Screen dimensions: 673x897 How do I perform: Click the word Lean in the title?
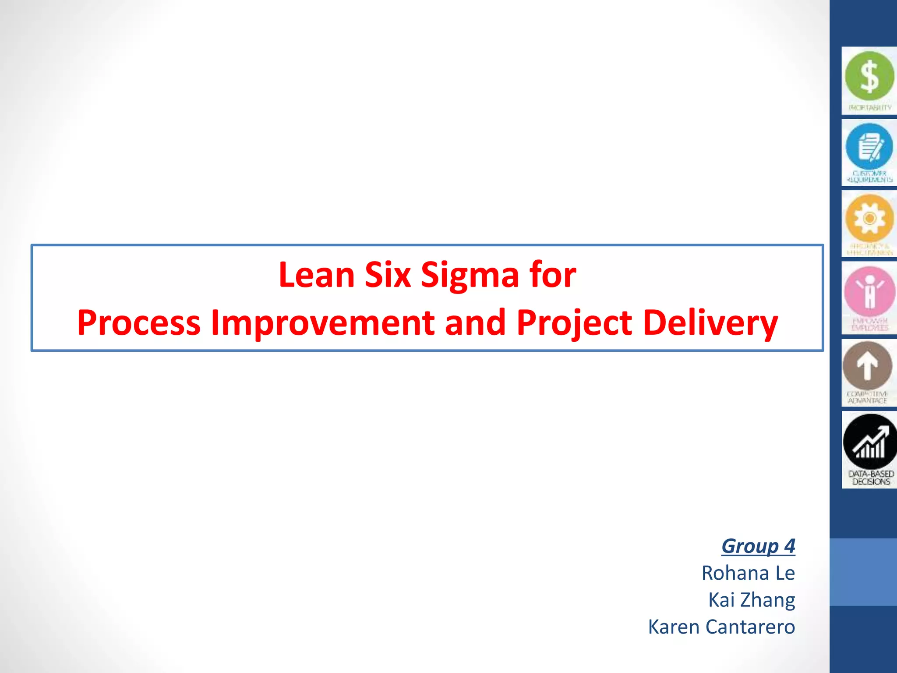(316, 275)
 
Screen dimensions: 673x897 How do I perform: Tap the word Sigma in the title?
(470, 275)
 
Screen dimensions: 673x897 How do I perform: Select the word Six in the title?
(387, 275)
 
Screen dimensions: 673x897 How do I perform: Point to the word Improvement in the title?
(322, 323)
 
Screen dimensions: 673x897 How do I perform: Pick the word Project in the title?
(574, 323)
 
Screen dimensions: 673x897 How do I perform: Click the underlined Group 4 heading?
(758, 546)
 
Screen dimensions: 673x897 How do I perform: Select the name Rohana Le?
(748, 573)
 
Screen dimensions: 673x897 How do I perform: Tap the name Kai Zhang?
(751, 600)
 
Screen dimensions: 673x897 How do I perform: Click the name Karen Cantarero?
(721, 627)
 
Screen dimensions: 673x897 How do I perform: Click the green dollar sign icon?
(869, 76)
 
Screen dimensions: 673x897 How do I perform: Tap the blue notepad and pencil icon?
(869, 146)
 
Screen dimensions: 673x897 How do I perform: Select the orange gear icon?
(869, 218)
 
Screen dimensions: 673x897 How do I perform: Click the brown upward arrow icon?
(867, 365)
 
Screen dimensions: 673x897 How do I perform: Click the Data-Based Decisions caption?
(871, 478)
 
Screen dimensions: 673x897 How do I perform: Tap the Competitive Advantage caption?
(867, 397)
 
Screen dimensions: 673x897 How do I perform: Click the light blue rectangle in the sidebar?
(863, 572)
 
